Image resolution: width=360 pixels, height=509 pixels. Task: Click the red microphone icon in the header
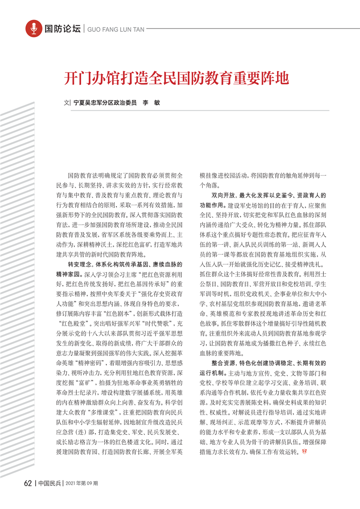click(33, 29)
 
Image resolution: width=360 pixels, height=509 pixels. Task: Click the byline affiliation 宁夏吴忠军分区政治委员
click(105, 103)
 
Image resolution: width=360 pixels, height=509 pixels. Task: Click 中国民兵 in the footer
click(49, 483)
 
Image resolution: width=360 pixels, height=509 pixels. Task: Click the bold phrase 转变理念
click(79, 264)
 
